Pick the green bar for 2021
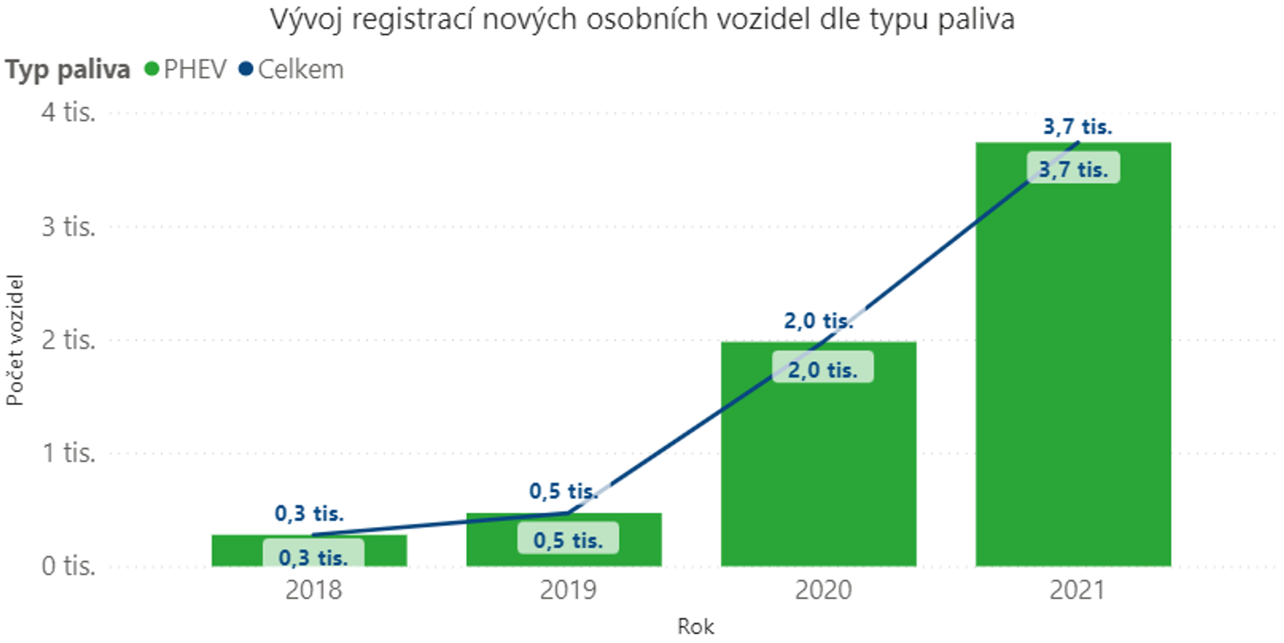point(1073,375)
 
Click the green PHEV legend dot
point(152,69)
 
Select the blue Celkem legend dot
point(246,69)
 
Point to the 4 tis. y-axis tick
point(68,112)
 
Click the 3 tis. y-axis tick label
point(68,226)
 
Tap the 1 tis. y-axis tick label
point(68,453)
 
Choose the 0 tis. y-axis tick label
point(68,566)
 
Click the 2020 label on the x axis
point(823,591)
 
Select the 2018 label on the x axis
point(314,591)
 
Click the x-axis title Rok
point(695,626)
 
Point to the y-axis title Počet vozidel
point(15,340)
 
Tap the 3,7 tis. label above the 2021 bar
point(1077,127)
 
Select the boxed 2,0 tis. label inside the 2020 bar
point(823,369)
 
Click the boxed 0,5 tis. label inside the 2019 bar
point(568,540)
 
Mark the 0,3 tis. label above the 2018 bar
point(309,513)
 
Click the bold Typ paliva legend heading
point(67,70)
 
